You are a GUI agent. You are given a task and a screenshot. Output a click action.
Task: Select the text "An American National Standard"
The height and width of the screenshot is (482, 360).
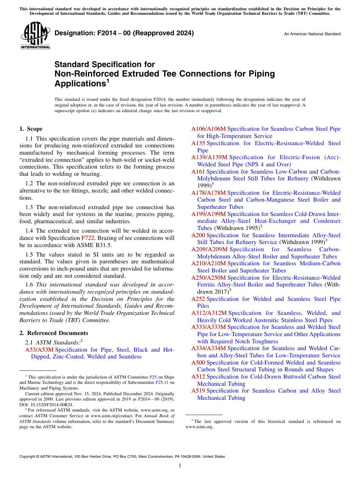pyautogui.click(x=312, y=34)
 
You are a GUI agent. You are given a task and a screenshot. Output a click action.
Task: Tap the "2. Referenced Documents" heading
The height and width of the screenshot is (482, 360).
pyautogui.click(x=54, y=333)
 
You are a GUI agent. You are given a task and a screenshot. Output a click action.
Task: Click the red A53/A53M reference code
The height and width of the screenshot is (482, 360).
pyautogui.click(x=39, y=350)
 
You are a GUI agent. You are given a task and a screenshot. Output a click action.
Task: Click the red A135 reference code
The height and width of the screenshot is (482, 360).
pyautogui.click(x=198, y=143)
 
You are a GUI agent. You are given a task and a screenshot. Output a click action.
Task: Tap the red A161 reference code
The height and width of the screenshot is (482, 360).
pyautogui.click(x=198, y=172)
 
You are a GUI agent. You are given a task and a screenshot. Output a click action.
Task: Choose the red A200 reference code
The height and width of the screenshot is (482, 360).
pyautogui.click(x=198, y=235)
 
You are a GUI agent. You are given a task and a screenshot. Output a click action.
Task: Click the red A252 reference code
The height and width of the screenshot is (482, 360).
pyautogui.click(x=198, y=299)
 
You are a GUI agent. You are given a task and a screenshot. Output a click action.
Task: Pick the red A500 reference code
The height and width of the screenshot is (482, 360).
pyautogui.click(x=198, y=363)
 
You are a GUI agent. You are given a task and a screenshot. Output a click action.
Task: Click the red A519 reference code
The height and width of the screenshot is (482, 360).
pyautogui.click(x=198, y=391)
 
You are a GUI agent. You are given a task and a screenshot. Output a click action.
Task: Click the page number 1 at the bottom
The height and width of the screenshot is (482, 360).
pyautogui.click(x=180, y=465)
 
